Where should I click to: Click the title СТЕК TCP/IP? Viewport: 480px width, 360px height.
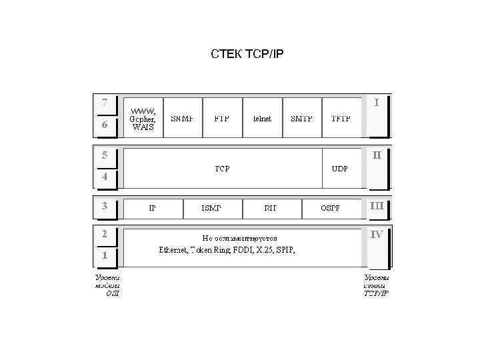pyautogui.click(x=247, y=53)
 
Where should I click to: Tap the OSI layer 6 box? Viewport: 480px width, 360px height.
pyautogui.click(x=105, y=125)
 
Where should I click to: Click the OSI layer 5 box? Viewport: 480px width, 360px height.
pyautogui.click(x=105, y=155)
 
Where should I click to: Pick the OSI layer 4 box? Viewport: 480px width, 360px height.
pyautogui.click(x=105, y=177)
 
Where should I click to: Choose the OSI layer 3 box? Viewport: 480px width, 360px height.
pyautogui.click(x=105, y=206)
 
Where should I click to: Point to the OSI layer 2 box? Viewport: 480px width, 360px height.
pyautogui.click(x=105, y=234)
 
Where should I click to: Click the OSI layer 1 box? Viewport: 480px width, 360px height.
pyautogui.click(x=105, y=255)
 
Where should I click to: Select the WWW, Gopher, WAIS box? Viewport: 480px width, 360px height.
pyautogui.click(x=143, y=119)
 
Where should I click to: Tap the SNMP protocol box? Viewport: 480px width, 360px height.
pyautogui.click(x=183, y=119)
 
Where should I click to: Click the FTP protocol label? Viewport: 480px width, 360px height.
pyautogui.click(x=222, y=119)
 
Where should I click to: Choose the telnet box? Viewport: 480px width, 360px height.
pyautogui.click(x=262, y=119)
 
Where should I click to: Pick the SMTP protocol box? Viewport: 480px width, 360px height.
pyautogui.click(x=301, y=119)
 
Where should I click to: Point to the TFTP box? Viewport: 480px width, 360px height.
pyautogui.click(x=341, y=119)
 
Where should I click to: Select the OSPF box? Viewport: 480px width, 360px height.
pyautogui.click(x=330, y=208)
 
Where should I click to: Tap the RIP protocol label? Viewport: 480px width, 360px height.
pyautogui.click(x=271, y=208)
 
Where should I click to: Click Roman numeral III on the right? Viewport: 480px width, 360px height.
pyautogui.click(x=377, y=206)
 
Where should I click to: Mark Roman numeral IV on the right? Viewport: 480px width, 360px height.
pyautogui.click(x=377, y=235)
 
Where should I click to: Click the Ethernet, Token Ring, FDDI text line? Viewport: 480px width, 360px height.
pyautogui.click(x=227, y=251)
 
